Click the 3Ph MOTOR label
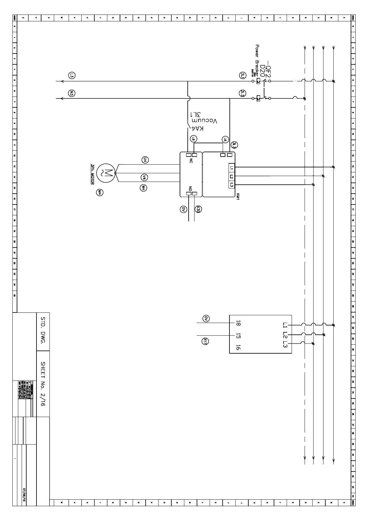pos(92,174)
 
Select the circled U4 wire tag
pos(145,160)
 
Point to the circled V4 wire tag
pos(144,177)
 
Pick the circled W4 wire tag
pos(143,187)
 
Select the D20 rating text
pos(262,71)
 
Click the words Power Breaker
pos(257,59)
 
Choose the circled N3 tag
pos(72,93)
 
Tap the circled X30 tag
pos(198,209)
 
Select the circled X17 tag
pos(205,341)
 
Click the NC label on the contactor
pos(191,161)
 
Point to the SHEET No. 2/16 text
pos(43,384)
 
